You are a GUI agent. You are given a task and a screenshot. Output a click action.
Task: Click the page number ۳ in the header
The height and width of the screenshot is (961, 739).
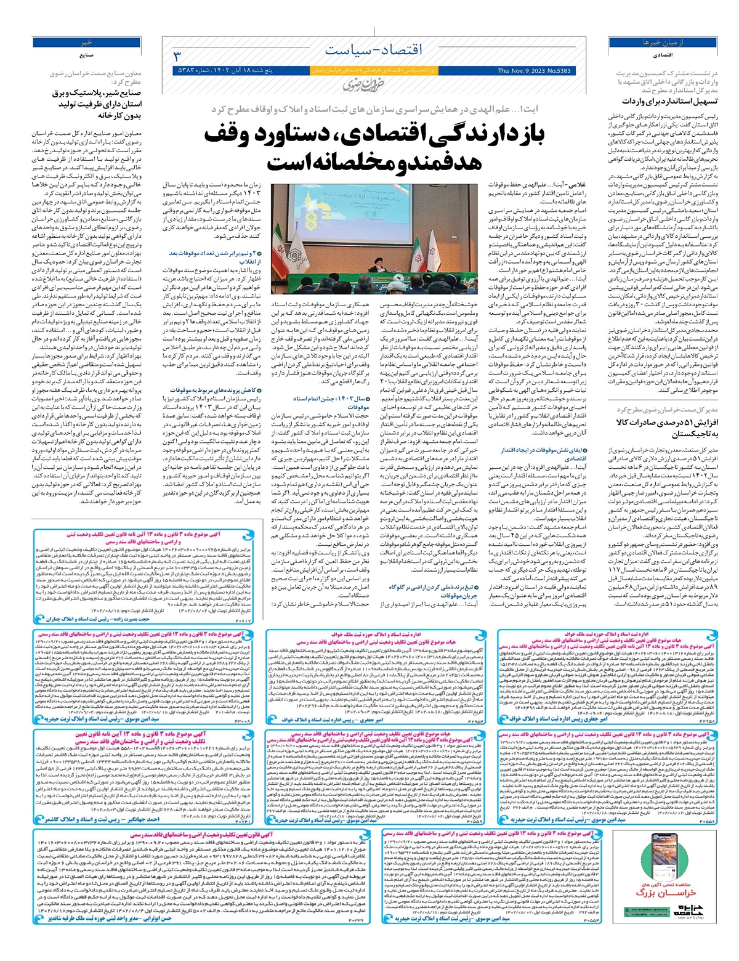click(177, 57)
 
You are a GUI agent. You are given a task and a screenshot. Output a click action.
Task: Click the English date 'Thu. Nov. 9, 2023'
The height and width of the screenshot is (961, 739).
click(534, 71)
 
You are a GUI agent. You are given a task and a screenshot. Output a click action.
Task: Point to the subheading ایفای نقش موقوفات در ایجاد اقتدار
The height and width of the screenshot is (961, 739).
click(543, 454)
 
